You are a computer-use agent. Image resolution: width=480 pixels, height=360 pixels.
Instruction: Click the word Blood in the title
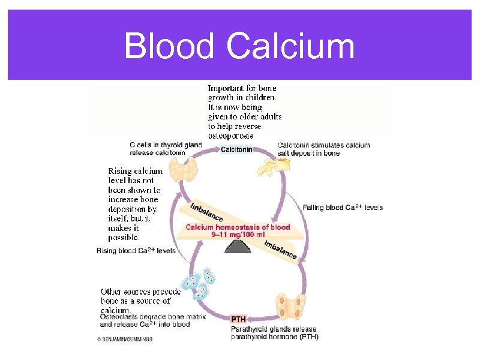tap(169, 47)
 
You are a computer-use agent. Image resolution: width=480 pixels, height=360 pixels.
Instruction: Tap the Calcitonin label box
tap(236, 149)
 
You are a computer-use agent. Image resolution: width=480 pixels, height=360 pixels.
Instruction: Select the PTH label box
tap(239, 319)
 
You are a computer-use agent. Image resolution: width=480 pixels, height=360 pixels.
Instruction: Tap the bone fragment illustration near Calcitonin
tap(269, 164)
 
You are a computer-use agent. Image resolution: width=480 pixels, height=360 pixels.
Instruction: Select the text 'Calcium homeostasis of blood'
tap(238, 227)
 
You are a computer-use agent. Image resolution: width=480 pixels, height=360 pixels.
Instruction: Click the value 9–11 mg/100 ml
tap(238, 235)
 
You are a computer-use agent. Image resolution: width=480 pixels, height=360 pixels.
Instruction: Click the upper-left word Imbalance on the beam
tap(206, 212)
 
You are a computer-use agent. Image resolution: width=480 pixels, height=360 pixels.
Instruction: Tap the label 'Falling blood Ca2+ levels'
tap(343, 208)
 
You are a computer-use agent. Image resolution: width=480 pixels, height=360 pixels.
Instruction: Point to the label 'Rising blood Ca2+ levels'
tap(136, 251)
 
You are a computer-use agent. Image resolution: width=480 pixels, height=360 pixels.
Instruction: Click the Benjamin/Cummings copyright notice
tap(125, 339)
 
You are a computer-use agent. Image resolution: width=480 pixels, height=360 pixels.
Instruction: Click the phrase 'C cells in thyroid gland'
tap(165, 145)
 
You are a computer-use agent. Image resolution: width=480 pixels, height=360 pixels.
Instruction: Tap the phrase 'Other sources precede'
tap(140, 292)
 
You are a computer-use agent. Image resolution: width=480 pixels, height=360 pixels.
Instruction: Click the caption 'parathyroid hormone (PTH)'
tap(275, 337)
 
